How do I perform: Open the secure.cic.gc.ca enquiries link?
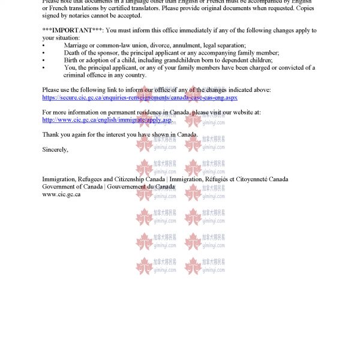pyautogui.click(x=140, y=97)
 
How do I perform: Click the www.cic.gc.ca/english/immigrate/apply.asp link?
pyautogui.click(x=107, y=120)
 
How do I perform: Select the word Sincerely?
pyautogui.click(x=55, y=149)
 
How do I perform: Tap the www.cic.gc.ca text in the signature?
pyautogui.click(x=61, y=194)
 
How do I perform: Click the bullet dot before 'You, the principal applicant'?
pyautogui.click(x=44, y=68)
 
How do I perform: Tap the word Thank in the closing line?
pyautogui.click(x=51, y=134)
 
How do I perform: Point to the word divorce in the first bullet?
pyautogui.click(x=159, y=45)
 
